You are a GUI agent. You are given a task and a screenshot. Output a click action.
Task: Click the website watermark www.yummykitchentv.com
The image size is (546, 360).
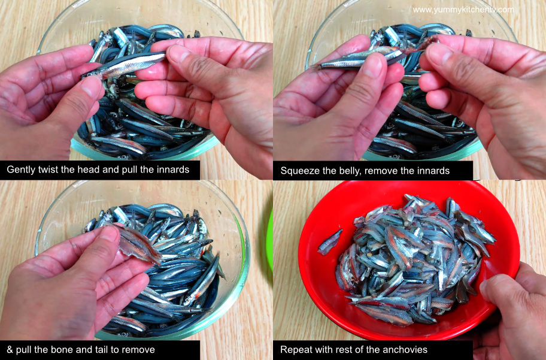[463, 10]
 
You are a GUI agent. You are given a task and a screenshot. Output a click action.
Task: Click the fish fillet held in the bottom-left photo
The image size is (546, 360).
[138, 244]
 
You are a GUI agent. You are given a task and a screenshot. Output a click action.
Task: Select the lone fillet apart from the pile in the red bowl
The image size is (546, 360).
[330, 242]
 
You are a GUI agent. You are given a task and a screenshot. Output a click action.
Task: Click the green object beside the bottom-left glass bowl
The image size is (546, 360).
[269, 240]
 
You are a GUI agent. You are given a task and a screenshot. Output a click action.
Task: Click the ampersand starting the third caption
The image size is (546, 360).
[10, 350]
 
